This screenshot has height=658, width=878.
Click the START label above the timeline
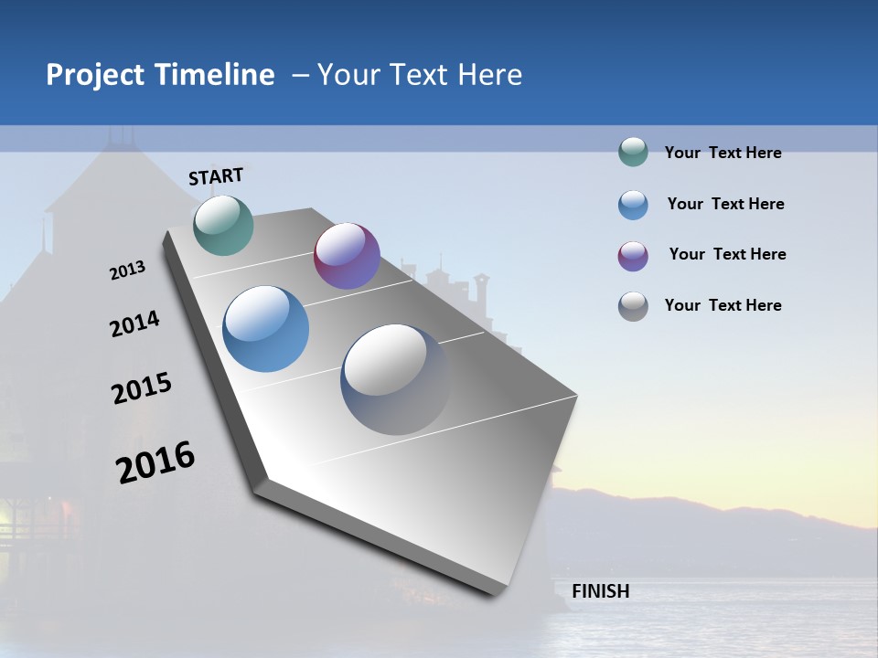(216, 176)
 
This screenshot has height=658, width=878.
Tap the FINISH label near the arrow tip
(600, 591)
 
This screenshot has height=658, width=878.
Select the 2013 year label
(127, 271)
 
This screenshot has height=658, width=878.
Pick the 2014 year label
(134, 324)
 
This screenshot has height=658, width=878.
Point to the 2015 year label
(142, 388)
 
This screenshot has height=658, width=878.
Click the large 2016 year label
(155, 462)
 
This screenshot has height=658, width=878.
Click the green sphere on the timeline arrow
(223, 225)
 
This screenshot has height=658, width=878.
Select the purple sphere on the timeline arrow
(347, 256)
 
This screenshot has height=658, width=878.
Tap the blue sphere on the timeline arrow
(265, 329)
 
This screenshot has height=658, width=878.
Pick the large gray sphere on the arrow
(395, 378)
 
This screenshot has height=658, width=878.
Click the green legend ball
(633, 153)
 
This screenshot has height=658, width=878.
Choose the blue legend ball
(633, 205)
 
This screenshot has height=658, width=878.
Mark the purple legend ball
(633, 256)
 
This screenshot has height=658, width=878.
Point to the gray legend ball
(633, 306)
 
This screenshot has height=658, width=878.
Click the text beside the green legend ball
(723, 154)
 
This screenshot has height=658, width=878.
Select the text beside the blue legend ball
(725, 204)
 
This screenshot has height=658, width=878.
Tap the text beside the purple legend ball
(727, 254)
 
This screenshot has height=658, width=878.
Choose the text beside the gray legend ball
(723, 305)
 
